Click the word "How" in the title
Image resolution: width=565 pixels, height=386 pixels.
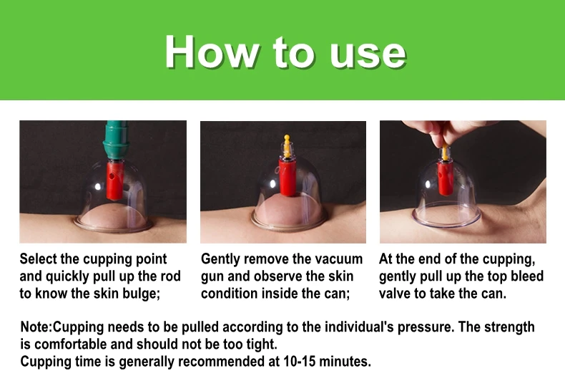[x=212, y=52]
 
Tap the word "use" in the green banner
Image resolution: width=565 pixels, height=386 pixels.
[x=368, y=55]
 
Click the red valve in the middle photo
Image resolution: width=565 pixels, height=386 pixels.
[x=288, y=178]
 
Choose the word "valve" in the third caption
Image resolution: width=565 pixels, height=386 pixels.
[x=395, y=294]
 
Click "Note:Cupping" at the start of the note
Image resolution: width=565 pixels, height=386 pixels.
[x=62, y=327]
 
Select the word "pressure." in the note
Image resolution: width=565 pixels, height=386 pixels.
[x=426, y=327]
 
